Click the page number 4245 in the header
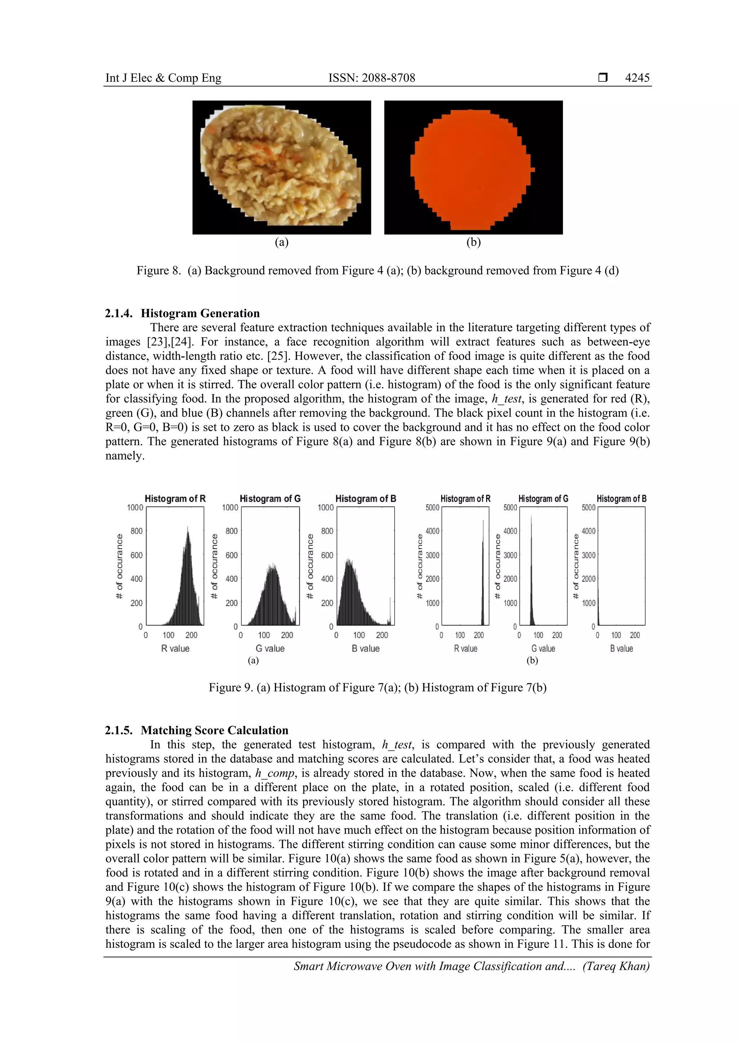point(637,78)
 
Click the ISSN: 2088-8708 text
point(372,78)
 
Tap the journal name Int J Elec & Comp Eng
point(163,78)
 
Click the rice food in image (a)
point(282,166)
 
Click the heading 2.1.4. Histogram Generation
point(182,313)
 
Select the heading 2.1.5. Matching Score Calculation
point(196,730)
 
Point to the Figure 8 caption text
point(377,271)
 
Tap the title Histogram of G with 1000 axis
point(270,498)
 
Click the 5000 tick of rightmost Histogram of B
point(588,507)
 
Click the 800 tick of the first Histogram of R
point(136,531)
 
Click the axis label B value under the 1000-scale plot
point(365,648)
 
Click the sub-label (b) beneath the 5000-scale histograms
point(532,661)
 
